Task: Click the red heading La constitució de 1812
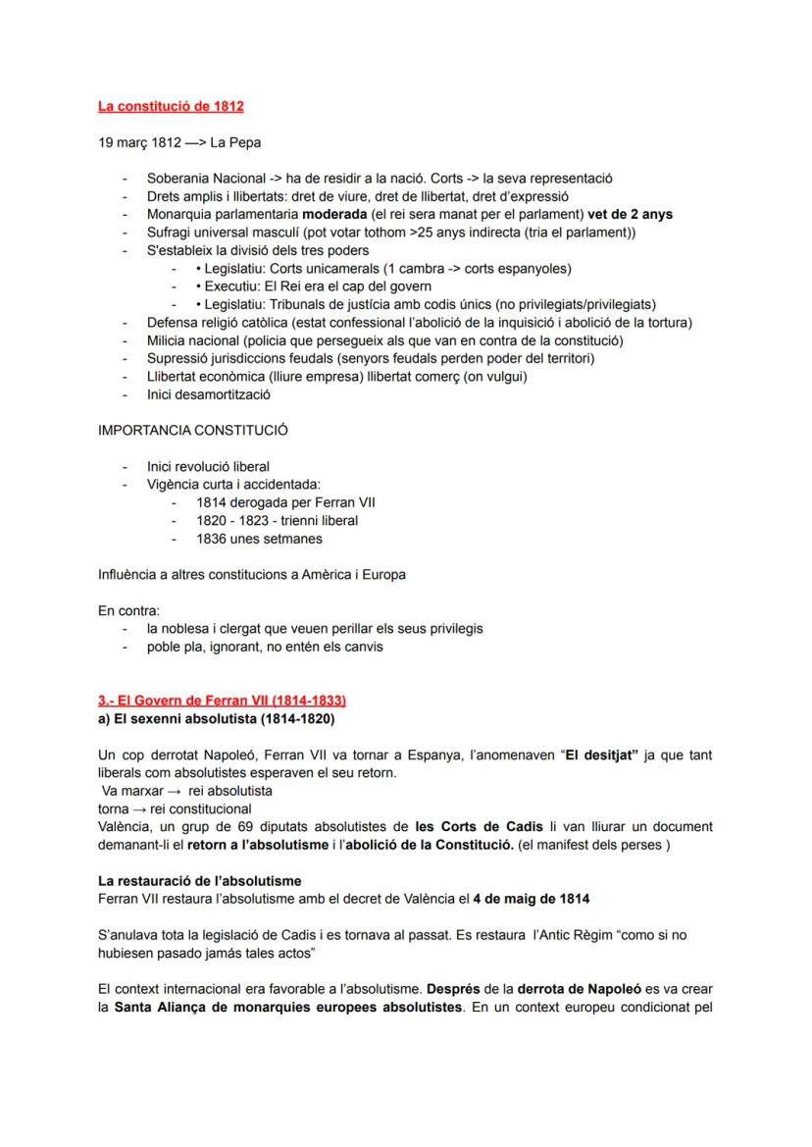point(172,106)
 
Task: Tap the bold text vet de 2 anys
point(631,214)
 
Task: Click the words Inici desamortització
point(208,394)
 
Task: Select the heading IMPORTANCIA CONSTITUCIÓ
point(193,431)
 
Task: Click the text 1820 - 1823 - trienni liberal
point(277,520)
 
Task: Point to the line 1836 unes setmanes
point(259,539)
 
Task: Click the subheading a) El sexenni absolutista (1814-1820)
point(216,719)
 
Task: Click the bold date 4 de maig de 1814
point(532,899)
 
